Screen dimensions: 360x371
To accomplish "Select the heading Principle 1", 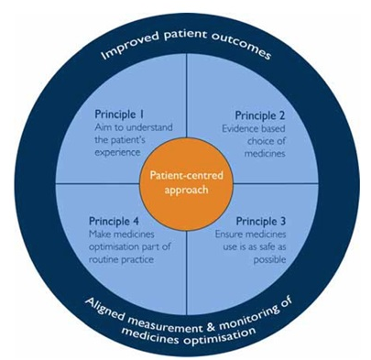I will pos(123,115).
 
